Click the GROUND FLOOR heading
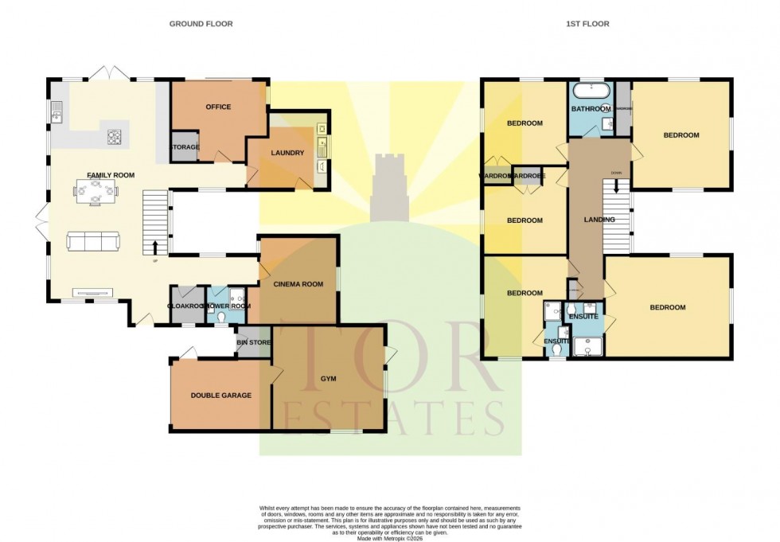[201, 24]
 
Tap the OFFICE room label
[218, 107]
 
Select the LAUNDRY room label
[287, 153]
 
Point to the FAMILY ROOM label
[111, 175]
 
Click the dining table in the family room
[96, 189]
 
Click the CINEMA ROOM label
[298, 284]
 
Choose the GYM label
[329, 380]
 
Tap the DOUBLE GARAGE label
[220, 396]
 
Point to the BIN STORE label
[254, 342]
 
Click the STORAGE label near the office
[185, 147]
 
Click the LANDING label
[599, 220]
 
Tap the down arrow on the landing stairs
[615, 189]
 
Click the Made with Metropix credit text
[390, 539]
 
